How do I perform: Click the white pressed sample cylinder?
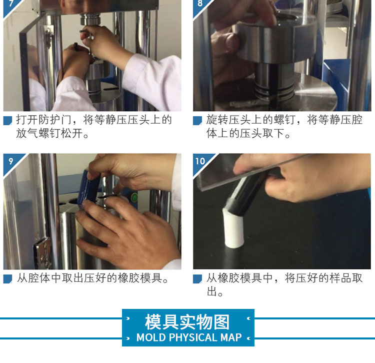(x=233, y=229)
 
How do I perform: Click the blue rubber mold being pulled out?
(x=89, y=187)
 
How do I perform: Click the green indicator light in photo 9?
(x=134, y=198)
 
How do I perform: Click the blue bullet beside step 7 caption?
(x=7, y=121)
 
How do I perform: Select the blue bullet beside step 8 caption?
(x=197, y=121)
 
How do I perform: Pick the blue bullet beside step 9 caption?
(x=7, y=279)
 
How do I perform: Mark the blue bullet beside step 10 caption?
(x=197, y=279)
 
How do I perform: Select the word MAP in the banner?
(x=231, y=337)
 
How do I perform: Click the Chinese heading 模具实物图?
(x=187, y=322)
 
